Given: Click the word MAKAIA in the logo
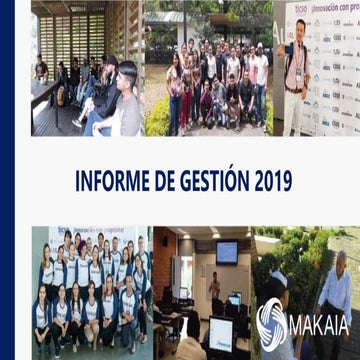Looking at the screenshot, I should tap(318, 322).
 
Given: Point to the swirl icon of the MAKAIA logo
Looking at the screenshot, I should tap(271, 322).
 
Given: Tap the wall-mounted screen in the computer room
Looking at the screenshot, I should tap(227, 252).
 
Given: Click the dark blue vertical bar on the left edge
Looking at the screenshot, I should tap(7, 180).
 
